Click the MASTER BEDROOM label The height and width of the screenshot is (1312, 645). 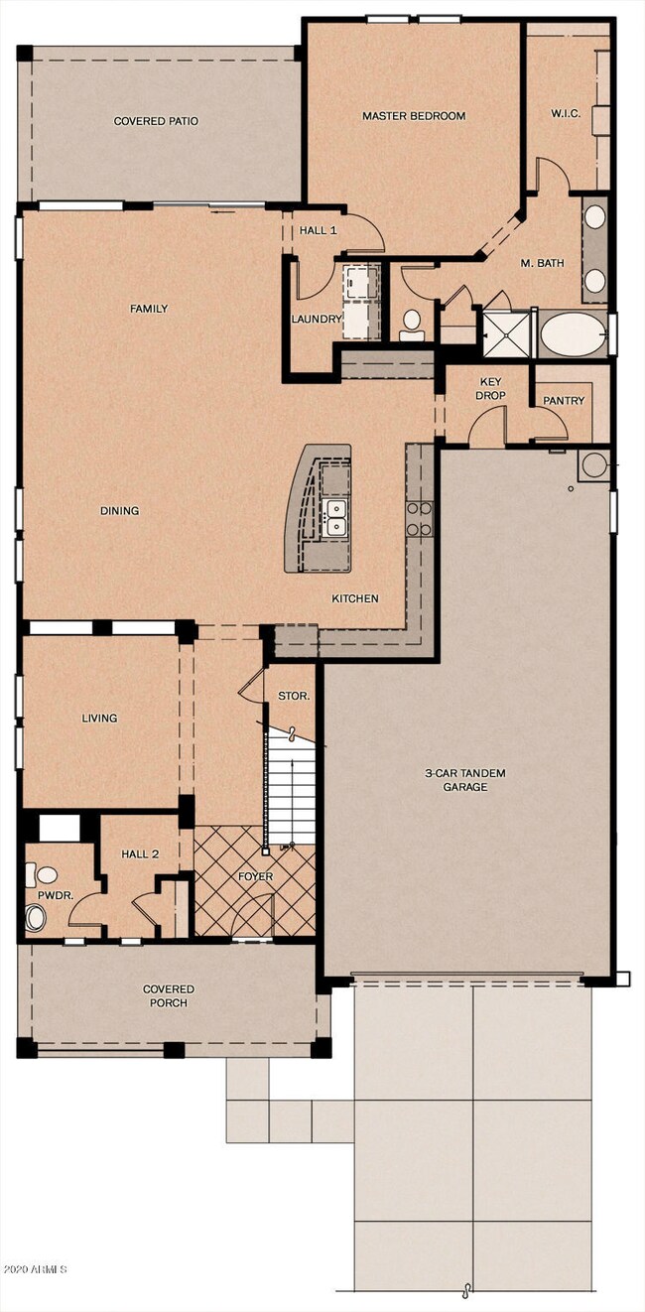click(414, 116)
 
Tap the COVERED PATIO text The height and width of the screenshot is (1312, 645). click(156, 121)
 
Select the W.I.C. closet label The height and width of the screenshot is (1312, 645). click(566, 113)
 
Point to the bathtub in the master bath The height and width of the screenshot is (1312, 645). click(574, 333)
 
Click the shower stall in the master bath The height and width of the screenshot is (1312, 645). click(506, 333)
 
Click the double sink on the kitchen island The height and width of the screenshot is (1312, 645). click(335, 517)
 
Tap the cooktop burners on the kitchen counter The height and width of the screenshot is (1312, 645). click(420, 518)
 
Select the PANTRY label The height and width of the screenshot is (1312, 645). click(564, 401)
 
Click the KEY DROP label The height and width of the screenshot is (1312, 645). click(490, 389)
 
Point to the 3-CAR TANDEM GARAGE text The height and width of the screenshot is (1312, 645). click(465, 780)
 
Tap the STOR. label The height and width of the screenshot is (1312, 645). click(294, 696)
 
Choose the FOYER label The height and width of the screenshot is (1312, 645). click(255, 876)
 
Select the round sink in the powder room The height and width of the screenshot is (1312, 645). click(36, 917)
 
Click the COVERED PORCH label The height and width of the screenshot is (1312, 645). click(169, 995)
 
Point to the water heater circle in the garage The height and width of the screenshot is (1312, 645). click(592, 465)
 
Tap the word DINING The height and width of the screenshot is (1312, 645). click(119, 511)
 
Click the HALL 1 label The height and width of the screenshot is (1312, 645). click(319, 231)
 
